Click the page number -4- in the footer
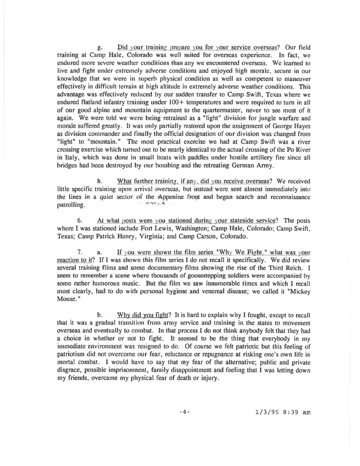[185, 412]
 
